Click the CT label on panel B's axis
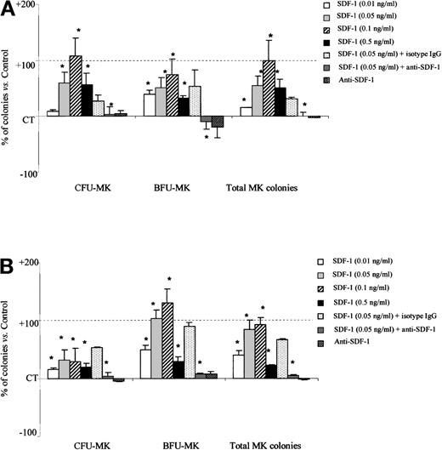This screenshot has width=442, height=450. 29,377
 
